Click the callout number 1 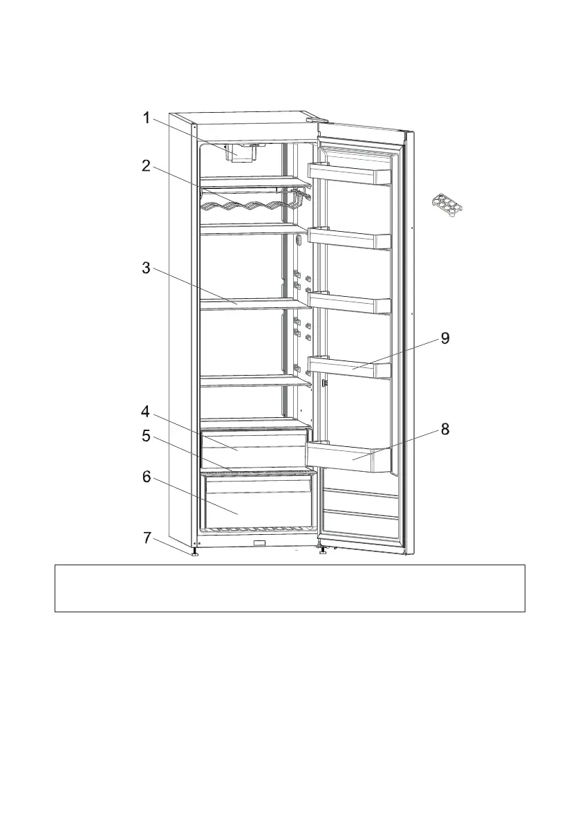point(146,118)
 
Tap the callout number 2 point(146,166)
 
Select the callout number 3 point(146,268)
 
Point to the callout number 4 point(146,412)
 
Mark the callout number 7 point(146,538)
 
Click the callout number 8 point(445,430)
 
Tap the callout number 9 point(445,338)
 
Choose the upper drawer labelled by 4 point(253,448)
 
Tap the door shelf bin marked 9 point(350,367)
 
